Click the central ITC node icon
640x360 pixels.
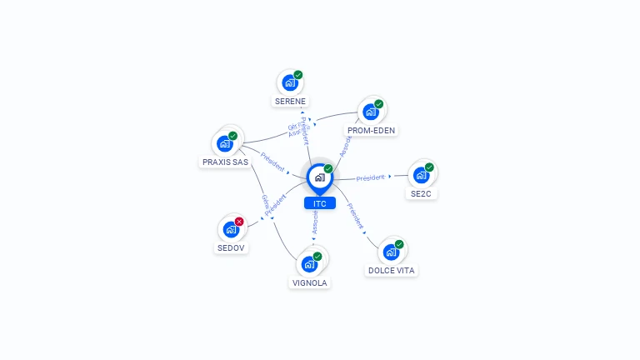(319, 177)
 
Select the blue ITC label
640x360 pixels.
(319, 203)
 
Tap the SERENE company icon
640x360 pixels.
(290, 83)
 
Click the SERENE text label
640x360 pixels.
(290, 102)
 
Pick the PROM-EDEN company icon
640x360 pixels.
(371, 112)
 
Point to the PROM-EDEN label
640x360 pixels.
(372, 130)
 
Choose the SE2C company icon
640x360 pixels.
(421, 175)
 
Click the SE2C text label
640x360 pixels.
(422, 193)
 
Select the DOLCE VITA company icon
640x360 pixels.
(391, 252)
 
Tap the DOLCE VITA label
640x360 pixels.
(391, 271)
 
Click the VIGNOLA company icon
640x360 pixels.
(309, 264)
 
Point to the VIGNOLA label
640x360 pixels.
(310, 282)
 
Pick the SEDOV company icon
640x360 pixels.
(231, 229)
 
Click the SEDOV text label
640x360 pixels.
(232, 247)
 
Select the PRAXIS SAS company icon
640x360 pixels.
(224, 143)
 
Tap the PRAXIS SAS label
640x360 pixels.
(225, 162)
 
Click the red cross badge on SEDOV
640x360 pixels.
(239, 221)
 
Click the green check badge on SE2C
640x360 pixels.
(429, 167)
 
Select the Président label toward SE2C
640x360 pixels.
(371, 177)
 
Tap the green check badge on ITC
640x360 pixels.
(328, 168)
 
